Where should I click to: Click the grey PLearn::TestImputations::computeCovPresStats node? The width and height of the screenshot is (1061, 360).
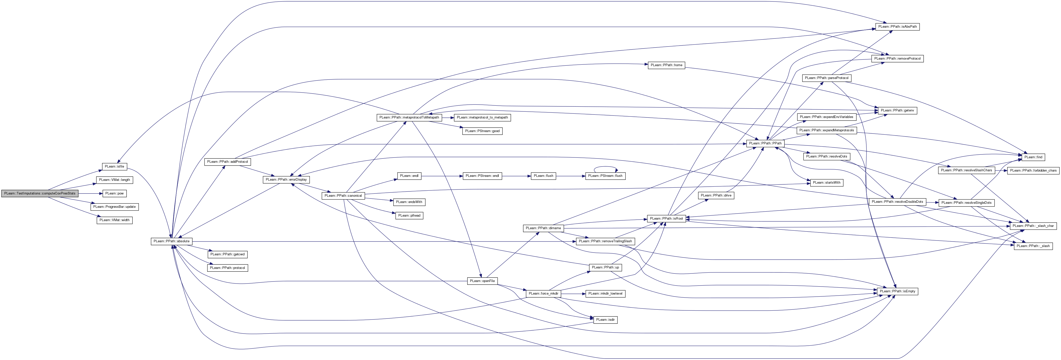tap(39, 193)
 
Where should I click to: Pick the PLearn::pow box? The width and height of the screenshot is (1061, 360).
tap(114, 193)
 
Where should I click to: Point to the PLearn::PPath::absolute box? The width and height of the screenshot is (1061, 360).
tap(171, 241)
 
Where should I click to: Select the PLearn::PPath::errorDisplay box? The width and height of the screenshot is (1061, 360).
tap(286, 180)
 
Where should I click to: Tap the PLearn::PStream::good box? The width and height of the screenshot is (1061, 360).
tap(482, 131)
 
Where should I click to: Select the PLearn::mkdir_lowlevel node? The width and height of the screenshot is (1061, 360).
tap(606, 294)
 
